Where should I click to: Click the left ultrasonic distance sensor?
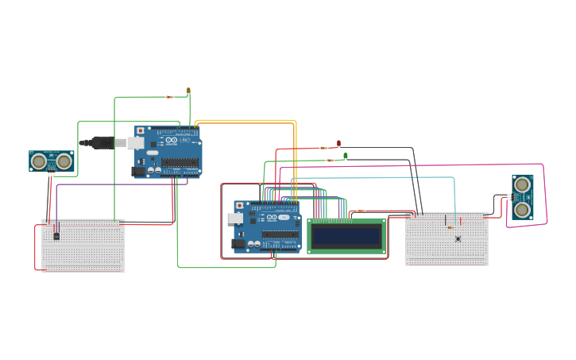52,161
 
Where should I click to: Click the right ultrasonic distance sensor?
522,197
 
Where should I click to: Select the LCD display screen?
346,236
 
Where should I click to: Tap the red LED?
339,144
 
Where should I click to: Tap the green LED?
345,156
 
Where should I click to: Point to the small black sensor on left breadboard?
56,234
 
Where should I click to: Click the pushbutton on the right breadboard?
458,238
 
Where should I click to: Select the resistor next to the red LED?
323,148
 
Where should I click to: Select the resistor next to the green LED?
331,161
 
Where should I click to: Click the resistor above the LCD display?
361,211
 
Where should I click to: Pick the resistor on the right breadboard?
450,227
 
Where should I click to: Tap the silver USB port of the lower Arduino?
234,217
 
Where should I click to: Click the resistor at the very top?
169,97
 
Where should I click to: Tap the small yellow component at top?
188,91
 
